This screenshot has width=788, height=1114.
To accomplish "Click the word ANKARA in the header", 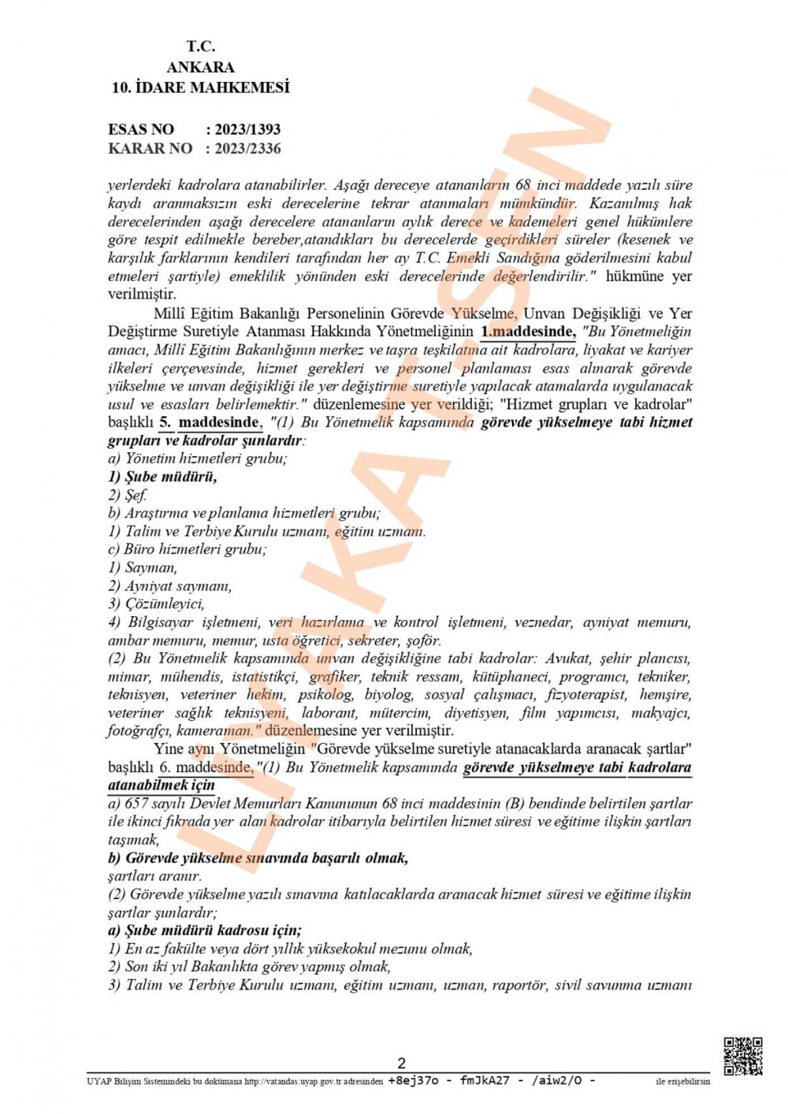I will pos(200,67).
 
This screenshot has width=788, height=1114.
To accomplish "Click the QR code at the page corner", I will pos(742,1056).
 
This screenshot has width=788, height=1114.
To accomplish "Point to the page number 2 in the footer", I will pos(401,1063).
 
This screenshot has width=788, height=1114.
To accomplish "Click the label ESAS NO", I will pos(141,129).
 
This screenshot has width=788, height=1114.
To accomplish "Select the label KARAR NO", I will pos(150,148).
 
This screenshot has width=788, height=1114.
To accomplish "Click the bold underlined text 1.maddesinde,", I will pos(528,332).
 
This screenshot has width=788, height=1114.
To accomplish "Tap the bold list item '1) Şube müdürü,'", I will pos(162,477).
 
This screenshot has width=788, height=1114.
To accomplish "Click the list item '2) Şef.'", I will pos(128,495).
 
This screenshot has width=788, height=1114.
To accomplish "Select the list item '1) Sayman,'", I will pos(143,567).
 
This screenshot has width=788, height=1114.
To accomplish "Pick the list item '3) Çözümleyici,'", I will pos(157,603).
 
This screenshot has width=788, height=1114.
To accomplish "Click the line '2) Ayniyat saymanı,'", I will pos(170,585).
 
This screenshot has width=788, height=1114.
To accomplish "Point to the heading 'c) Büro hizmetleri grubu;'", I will pos(187,549).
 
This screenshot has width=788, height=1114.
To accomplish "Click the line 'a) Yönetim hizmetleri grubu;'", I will pos(197,459).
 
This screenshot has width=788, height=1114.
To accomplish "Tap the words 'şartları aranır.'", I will pos(154,876).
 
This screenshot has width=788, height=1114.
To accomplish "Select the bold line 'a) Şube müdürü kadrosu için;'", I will pos(205,930).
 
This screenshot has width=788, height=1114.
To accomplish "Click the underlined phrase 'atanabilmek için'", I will pos(162,785).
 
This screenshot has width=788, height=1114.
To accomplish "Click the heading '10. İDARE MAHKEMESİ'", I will pos(200,87).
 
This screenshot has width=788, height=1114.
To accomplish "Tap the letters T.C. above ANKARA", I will pos(200,46).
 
